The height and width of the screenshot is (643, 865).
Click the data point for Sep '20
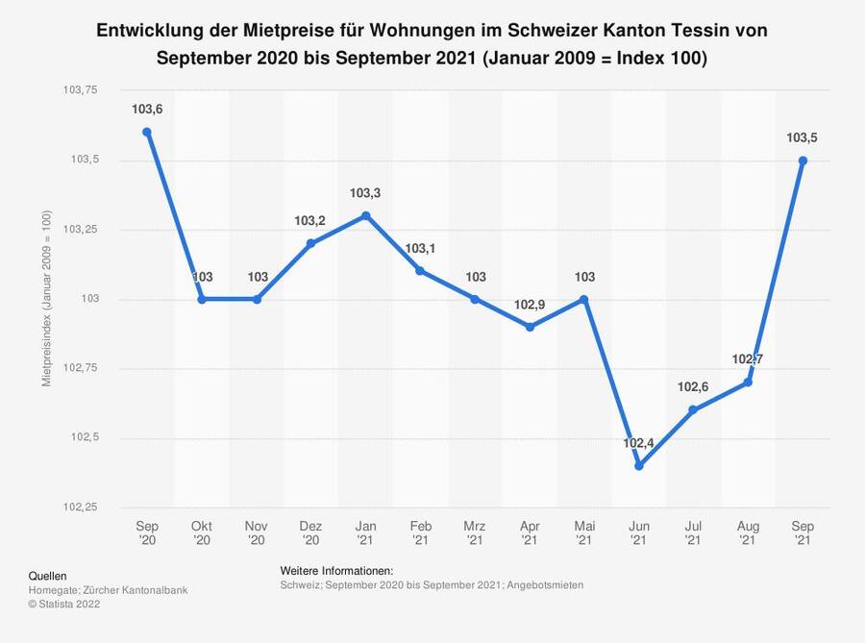[147, 132]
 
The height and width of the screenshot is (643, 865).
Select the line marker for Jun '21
[638, 466]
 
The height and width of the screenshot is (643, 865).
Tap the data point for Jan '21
[365, 215]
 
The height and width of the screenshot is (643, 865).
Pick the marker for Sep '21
[803, 161]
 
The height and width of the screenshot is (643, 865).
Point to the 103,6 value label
[147, 110]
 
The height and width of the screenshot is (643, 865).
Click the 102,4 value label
[638, 443]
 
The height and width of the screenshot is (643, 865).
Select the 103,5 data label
[803, 138]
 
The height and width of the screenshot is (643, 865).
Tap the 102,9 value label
[530, 305]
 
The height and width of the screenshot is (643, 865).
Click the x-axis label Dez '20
[310, 532]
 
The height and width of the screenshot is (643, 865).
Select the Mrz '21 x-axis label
[475, 532]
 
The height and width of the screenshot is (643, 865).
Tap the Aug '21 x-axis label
[748, 532]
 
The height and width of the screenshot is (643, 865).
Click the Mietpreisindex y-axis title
[46, 299]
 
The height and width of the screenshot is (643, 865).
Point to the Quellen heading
[47, 575]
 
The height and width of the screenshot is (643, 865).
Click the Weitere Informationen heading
[336, 570]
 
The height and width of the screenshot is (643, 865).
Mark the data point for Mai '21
[583, 299]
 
